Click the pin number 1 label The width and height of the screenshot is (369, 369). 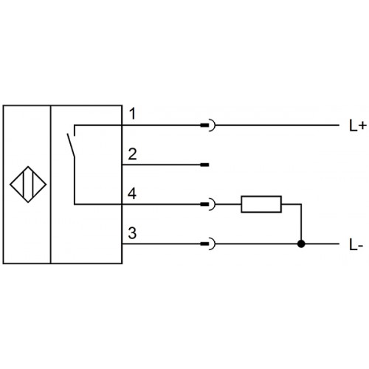coord(133,114)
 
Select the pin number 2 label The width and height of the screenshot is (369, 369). coord(132,154)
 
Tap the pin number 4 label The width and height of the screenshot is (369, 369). coord(132,193)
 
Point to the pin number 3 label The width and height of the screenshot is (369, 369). coord(132,233)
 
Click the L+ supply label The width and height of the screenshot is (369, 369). coord(358,126)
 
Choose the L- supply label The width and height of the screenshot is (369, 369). coord(356,245)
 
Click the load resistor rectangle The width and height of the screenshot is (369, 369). coord(261,204)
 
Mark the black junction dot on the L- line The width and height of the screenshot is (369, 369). coord(301,244)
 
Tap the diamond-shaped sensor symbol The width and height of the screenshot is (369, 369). coord(28,184)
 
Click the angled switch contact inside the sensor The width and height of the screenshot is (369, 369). coord(70,145)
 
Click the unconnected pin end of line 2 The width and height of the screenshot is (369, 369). coord(204,165)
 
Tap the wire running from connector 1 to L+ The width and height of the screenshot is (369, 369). coord(277,125)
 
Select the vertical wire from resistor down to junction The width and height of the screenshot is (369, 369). coord(301,224)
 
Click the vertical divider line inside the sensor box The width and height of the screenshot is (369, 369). coord(51,184)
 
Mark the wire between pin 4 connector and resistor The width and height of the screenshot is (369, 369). coord(228,204)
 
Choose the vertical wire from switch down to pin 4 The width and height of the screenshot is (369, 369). coord(75,181)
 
